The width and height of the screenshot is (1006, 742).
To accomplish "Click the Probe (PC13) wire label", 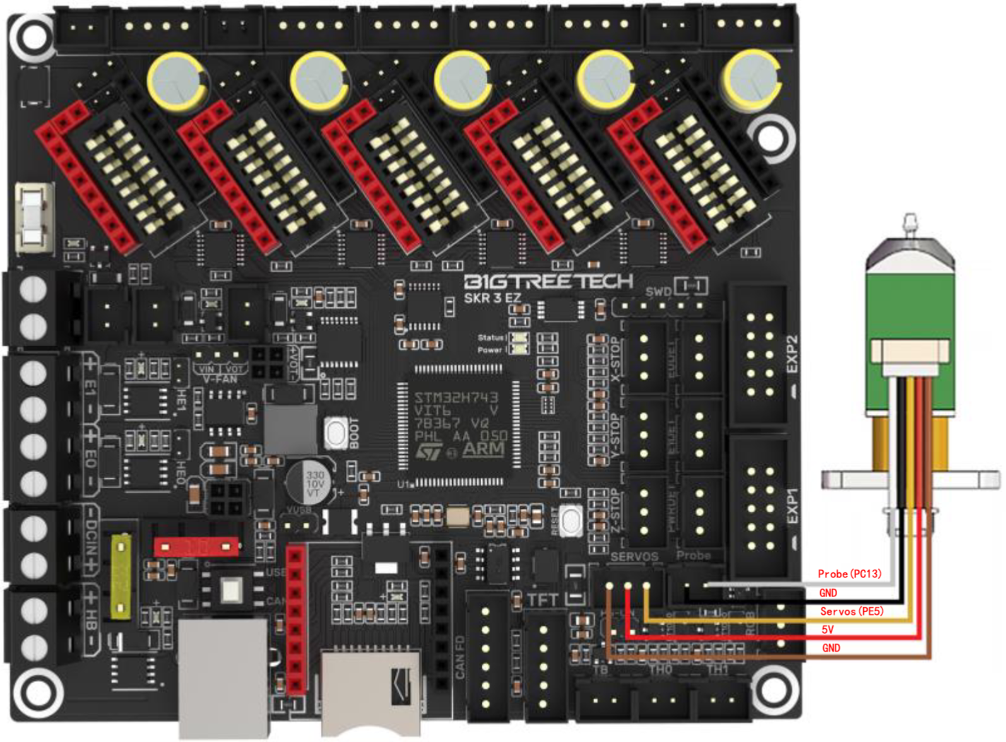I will (849, 574).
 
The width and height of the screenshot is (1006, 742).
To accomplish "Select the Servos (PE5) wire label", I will (851, 611).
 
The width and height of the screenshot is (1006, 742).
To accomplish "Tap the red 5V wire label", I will (827, 630).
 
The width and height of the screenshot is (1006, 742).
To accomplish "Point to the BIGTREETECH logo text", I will (548, 281).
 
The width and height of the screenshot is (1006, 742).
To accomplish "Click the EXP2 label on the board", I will (792, 354).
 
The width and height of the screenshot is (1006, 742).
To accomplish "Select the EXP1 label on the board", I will (792, 506).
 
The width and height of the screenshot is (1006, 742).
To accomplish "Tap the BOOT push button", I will (335, 433).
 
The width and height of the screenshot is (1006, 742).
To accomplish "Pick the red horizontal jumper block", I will (196, 546).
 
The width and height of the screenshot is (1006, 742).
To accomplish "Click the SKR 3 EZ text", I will (492, 298).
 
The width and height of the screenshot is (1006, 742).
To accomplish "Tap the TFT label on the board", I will (543, 600).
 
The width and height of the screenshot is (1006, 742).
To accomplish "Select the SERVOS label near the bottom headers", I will (634, 557).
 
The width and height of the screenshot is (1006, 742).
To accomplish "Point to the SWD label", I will (658, 291).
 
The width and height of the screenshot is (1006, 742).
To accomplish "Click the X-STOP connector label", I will (615, 361).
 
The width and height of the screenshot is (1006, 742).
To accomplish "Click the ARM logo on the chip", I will (483, 448).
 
